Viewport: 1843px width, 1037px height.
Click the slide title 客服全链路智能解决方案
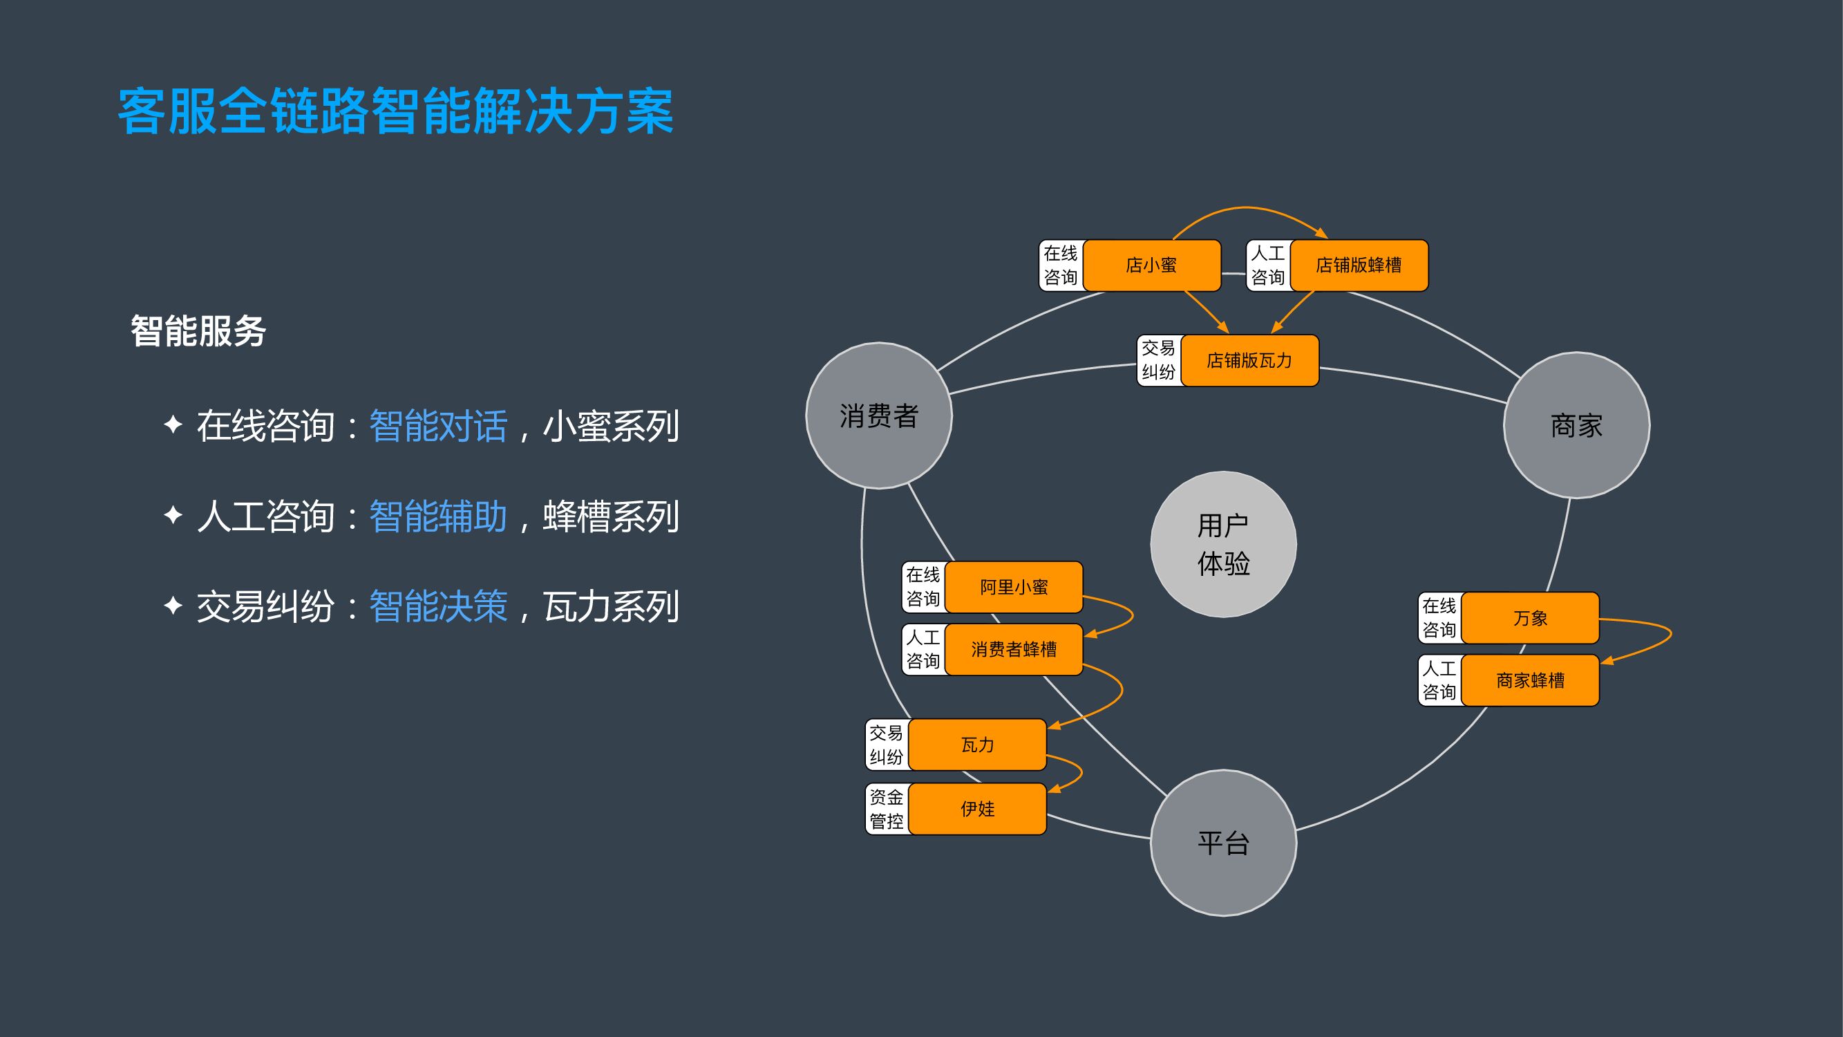click(396, 111)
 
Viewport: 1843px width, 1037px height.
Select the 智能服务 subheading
click(198, 331)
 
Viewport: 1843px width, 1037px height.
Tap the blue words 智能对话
click(438, 427)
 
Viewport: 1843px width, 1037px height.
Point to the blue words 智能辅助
click(438, 516)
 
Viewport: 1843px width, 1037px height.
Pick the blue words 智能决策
click(438, 607)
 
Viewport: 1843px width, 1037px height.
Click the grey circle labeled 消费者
click(878, 415)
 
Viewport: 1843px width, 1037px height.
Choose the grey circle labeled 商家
click(1576, 426)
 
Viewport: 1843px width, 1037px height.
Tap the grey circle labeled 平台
click(1223, 843)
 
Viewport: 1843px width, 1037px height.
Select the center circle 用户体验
click(1223, 545)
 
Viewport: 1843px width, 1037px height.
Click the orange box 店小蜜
click(1151, 265)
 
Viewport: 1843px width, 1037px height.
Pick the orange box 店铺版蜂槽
click(1358, 265)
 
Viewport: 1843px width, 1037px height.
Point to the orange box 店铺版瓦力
click(1249, 361)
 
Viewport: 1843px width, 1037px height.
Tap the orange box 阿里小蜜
click(1013, 588)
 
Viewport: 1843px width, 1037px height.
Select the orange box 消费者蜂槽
click(1013, 650)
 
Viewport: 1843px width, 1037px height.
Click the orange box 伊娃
click(977, 810)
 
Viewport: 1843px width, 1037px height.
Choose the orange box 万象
click(1530, 618)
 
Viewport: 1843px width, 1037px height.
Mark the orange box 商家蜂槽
click(1530, 680)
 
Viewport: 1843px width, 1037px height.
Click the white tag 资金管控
click(887, 810)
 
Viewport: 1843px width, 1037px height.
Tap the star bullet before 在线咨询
click(173, 424)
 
